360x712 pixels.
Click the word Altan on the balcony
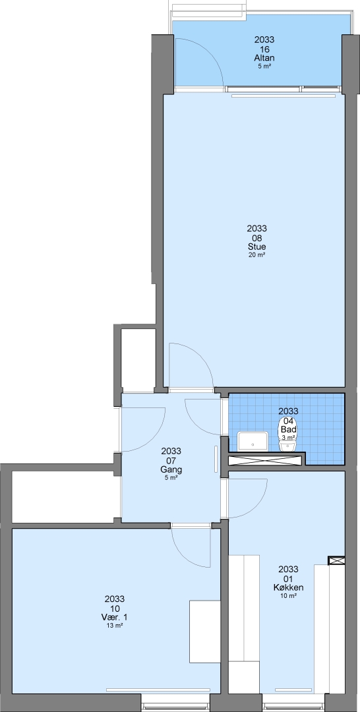pos(264,58)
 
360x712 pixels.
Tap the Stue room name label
pos(256,247)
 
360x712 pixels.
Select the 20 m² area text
pos(256,255)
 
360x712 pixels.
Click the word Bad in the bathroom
pos(289,429)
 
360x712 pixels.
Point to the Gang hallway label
pos(171,469)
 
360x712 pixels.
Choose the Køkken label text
pos(288,587)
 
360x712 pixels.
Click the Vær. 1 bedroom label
pos(115,617)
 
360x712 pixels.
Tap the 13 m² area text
pos(115,625)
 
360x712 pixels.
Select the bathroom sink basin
pos(253,441)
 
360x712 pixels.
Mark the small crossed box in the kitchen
pos(336,561)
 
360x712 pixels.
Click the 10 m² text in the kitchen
pos(288,596)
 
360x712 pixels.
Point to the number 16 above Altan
pos(264,49)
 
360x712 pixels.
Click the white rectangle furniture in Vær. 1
pos(205,632)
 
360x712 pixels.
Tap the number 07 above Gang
pos(171,460)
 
